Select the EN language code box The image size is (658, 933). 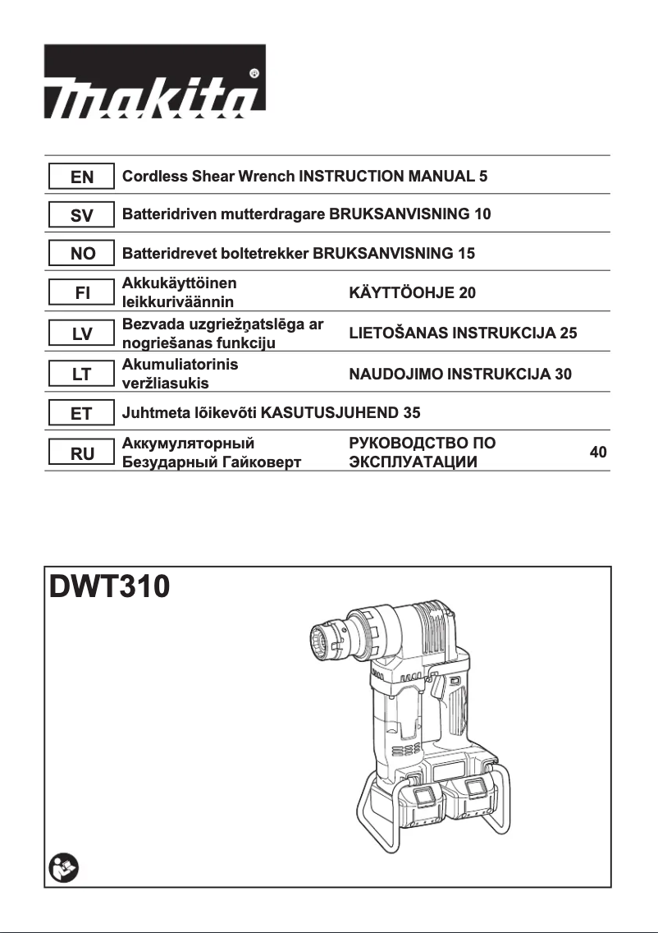click(81, 177)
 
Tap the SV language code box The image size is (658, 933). click(81, 215)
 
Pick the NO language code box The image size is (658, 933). click(81, 254)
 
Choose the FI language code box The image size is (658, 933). click(81, 292)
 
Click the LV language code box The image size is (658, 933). click(81, 333)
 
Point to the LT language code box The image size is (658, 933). click(81, 375)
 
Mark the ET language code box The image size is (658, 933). click(81, 413)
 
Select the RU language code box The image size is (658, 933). click(81, 453)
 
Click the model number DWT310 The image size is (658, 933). click(110, 588)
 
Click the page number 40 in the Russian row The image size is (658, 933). click(598, 453)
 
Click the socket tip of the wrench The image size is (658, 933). click(326, 640)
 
